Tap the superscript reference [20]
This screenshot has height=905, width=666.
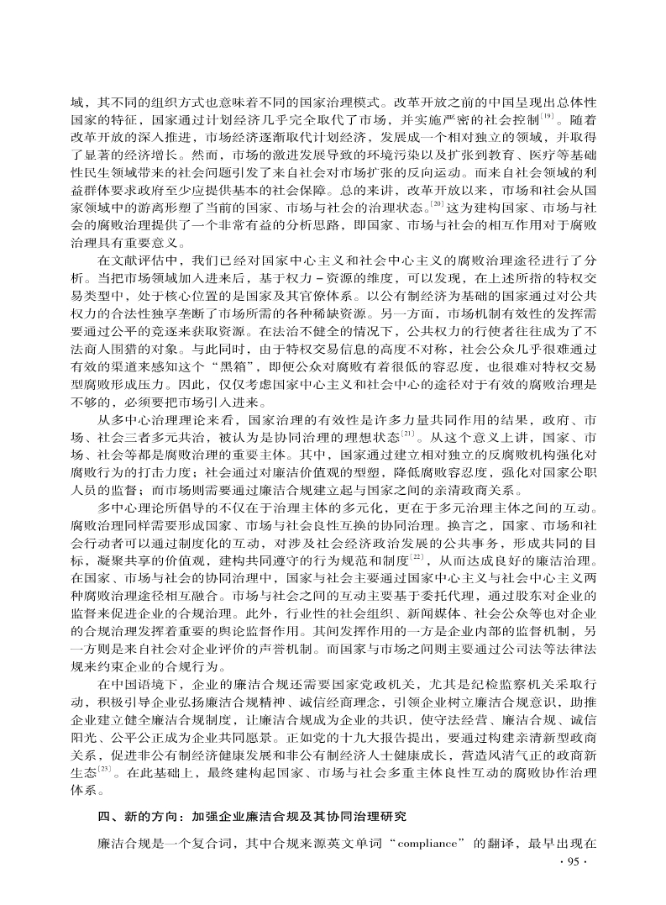[x=438, y=204]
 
